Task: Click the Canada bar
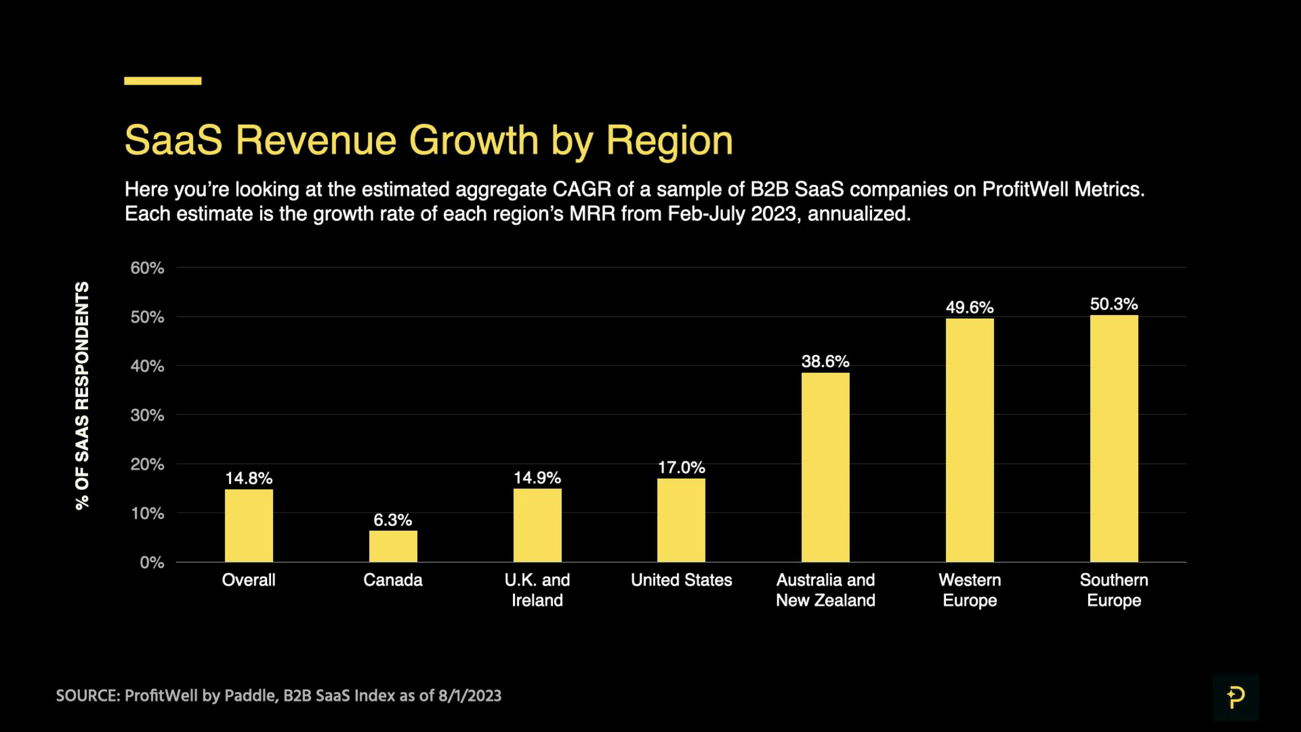click(x=393, y=546)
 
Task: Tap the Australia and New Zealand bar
click(x=825, y=467)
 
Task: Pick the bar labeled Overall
click(x=248, y=525)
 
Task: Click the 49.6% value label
click(x=969, y=307)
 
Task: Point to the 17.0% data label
click(x=681, y=467)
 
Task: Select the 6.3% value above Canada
click(x=392, y=520)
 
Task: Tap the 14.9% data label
click(x=537, y=477)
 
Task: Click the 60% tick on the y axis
click(x=147, y=268)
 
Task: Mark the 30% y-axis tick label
click(x=147, y=415)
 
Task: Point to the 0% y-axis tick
click(x=151, y=562)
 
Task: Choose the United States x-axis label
click(x=681, y=580)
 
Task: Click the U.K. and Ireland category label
click(x=537, y=590)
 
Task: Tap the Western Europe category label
click(x=969, y=590)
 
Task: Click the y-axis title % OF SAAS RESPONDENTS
click(x=82, y=395)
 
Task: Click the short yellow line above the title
click(x=163, y=81)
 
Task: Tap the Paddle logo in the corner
click(x=1236, y=698)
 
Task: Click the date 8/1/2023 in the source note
click(x=470, y=696)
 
